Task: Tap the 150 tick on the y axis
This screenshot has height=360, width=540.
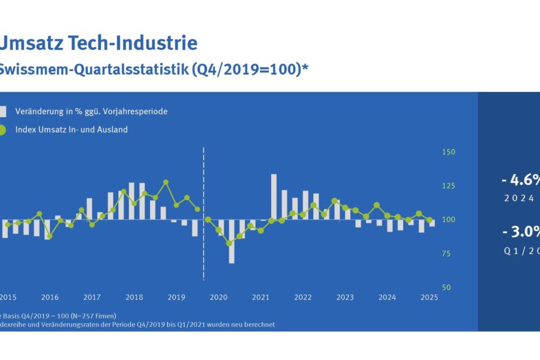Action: point(448,152)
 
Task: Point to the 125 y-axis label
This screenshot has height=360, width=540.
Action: point(448,186)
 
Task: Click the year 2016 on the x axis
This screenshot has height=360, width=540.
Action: point(50,298)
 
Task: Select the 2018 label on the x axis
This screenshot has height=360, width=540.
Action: point(134,298)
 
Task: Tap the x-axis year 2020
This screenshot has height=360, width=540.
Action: point(218,298)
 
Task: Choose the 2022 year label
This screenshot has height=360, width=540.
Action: point(302,298)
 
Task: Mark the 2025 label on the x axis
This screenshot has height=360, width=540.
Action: point(429,298)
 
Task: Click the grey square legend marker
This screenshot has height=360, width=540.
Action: point(2,112)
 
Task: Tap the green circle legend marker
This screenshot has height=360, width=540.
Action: point(2,130)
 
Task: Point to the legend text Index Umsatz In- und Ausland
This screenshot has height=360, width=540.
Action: point(71,130)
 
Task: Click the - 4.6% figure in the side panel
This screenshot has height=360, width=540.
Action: point(520,179)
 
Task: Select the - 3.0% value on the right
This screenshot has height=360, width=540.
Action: point(520,232)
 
